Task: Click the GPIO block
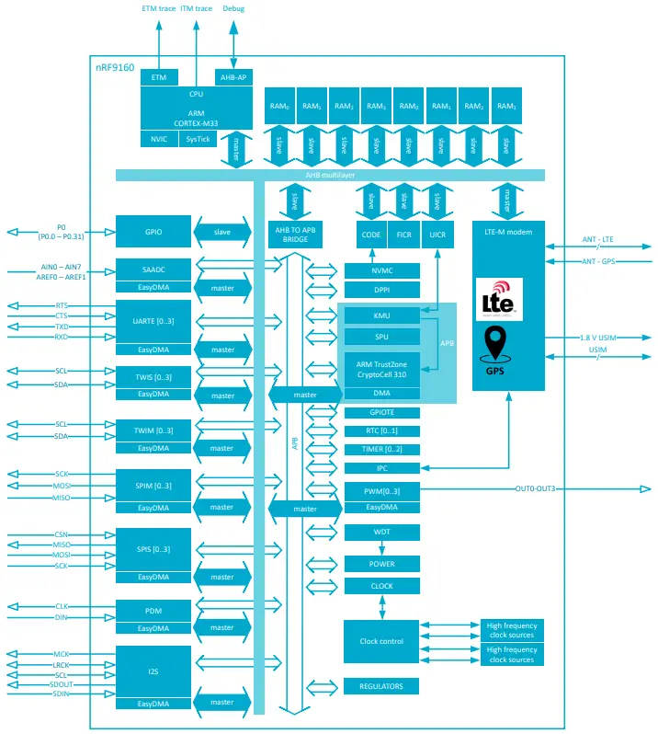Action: [153, 232]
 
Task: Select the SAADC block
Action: [153, 270]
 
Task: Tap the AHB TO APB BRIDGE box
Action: [295, 234]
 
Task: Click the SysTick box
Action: [198, 139]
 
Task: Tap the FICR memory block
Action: [403, 235]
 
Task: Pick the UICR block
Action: [437, 235]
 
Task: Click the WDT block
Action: [381, 533]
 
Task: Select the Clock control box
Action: [380, 641]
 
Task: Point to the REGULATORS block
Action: [381, 686]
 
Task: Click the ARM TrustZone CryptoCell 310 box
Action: [381, 370]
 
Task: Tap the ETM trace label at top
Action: [158, 8]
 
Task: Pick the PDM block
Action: [153, 611]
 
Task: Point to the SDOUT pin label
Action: [62, 684]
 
